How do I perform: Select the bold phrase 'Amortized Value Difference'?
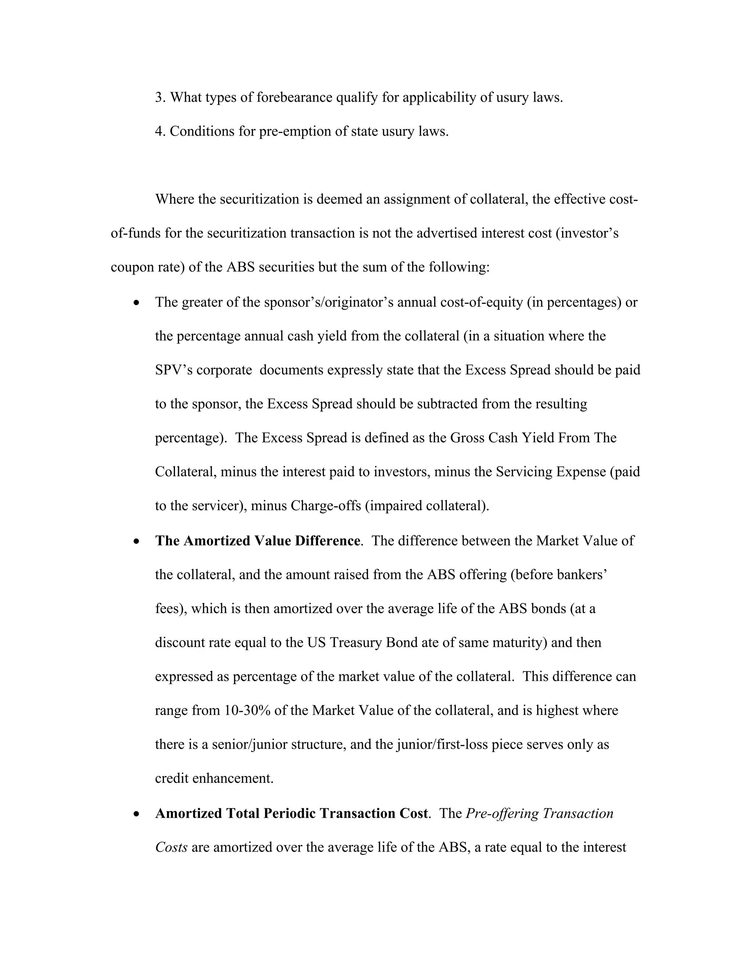point(272,541)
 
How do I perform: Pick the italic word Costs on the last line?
point(171,847)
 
